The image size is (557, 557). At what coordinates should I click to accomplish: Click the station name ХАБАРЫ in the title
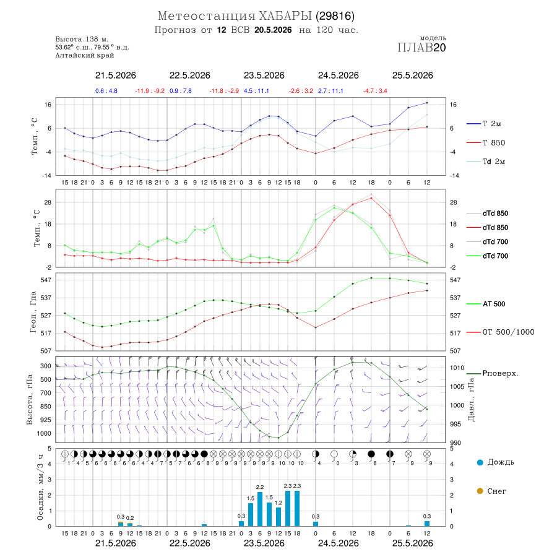point(285,16)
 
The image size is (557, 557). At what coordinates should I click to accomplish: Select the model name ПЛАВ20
point(421,48)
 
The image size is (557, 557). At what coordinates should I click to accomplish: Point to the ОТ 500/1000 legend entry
point(500,332)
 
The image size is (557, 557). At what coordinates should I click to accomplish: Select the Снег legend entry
point(491,491)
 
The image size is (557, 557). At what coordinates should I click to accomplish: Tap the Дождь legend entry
point(496,462)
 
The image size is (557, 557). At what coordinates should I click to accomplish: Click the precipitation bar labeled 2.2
point(260,509)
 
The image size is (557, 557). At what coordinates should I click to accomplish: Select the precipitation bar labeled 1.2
point(278,517)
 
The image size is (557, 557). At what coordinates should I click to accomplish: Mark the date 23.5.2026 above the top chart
point(264,76)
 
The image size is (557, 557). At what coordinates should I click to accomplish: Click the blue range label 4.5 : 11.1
point(256,91)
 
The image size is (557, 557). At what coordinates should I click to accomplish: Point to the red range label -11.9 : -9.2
point(150,91)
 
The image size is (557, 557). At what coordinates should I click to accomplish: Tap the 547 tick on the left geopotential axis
point(46,280)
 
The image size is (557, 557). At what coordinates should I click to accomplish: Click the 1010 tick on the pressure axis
point(457,368)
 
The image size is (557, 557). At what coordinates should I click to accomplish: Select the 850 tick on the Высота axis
point(45,407)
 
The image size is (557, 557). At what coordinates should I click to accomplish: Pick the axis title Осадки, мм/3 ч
point(40,488)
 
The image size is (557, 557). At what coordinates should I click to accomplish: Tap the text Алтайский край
point(85,55)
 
